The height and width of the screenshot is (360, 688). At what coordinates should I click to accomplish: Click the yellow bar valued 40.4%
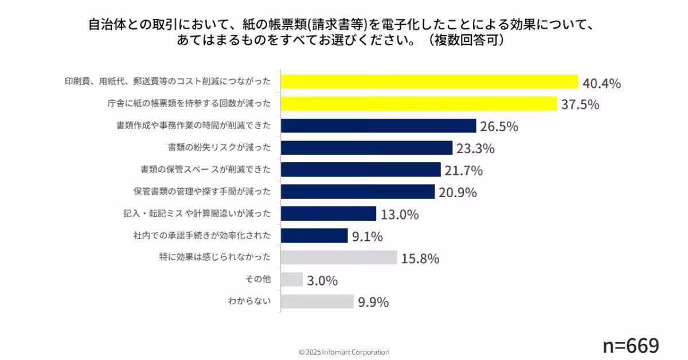pyautogui.click(x=429, y=82)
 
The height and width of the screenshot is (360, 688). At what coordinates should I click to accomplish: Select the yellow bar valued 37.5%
pyautogui.click(x=419, y=104)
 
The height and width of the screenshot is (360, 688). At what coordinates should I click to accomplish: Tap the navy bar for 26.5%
pyautogui.click(x=378, y=126)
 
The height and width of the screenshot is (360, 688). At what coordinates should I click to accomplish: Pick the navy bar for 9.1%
pyautogui.click(x=314, y=236)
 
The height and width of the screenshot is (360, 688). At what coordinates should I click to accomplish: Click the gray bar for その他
pyautogui.click(x=292, y=280)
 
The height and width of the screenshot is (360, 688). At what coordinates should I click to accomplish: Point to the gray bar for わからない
pyautogui.click(x=317, y=302)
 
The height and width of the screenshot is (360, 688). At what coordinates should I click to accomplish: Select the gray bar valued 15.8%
pyautogui.click(x=339, y=257)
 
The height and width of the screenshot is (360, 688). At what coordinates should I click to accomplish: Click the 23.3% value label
pyautogui.click(x=475, y=148)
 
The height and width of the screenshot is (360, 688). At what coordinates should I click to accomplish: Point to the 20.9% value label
pyautogui.click(x=458, y=193)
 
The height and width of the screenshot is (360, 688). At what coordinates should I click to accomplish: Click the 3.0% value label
pyautogui.click(x=322, y=280)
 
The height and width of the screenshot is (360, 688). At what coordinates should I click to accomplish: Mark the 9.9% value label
pyautogui.click(x=373, y=302)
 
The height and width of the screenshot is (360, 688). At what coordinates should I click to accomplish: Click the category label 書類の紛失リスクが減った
pyautogui.click(x=219, y=147)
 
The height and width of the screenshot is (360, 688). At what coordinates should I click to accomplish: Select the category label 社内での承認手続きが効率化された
pyautogui.click(x=202, y=235)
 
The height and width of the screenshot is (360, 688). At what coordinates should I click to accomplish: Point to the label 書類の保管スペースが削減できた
pyautogui.click(x=206, y=170)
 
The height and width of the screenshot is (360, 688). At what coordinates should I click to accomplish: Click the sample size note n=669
pyautogui.click(x=631, y=345)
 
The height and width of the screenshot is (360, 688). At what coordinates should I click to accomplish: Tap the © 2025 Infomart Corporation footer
pyautogui.click(x=344, y=352)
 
